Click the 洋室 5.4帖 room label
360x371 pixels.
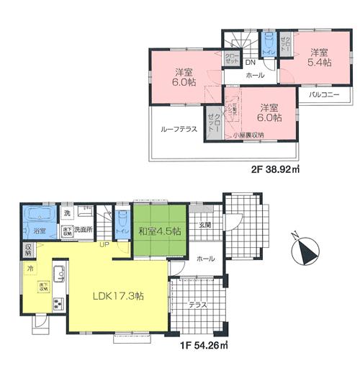pyautogui.click(x=320, y=58)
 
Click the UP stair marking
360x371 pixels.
pyautogui.click(x=104, y=244)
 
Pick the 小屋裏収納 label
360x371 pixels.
pyautogui.click(x=248, y=135)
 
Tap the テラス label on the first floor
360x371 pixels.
pyautogui.click(x=197, y=305)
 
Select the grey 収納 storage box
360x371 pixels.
pyautogui.click(x=27, y=249)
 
